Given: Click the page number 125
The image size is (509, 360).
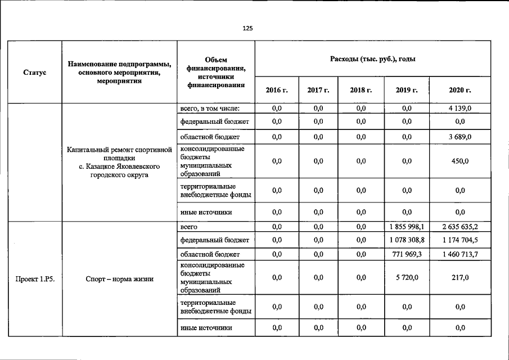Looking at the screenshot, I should point(248,28).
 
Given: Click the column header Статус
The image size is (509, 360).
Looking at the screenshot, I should point(35,73).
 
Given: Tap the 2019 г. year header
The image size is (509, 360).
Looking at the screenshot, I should point(407,90).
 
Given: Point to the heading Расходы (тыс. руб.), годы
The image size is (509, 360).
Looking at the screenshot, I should point(373,59).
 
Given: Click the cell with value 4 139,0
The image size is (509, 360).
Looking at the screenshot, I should point(460,108).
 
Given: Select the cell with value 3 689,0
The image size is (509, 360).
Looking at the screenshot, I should point(460,137).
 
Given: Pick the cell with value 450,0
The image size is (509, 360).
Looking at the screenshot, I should point(460,161).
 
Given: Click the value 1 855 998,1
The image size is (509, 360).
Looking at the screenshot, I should point(407,227).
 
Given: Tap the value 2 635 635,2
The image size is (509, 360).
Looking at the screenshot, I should point(460,227).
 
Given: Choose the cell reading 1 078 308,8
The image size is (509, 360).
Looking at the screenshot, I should point(407,240).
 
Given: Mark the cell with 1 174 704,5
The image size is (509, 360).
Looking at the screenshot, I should point(460,240).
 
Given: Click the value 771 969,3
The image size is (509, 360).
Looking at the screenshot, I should point(407,254).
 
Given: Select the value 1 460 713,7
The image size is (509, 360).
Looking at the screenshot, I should point(460,254).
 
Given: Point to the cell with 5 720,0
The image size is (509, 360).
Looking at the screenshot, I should point(407,277).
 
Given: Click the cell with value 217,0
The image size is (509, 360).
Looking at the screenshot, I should point(460,277).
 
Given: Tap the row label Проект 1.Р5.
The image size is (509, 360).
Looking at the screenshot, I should point(35,278).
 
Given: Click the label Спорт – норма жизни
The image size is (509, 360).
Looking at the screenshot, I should point(119,278).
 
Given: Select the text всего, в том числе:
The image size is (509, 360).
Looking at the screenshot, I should point(210,108).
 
